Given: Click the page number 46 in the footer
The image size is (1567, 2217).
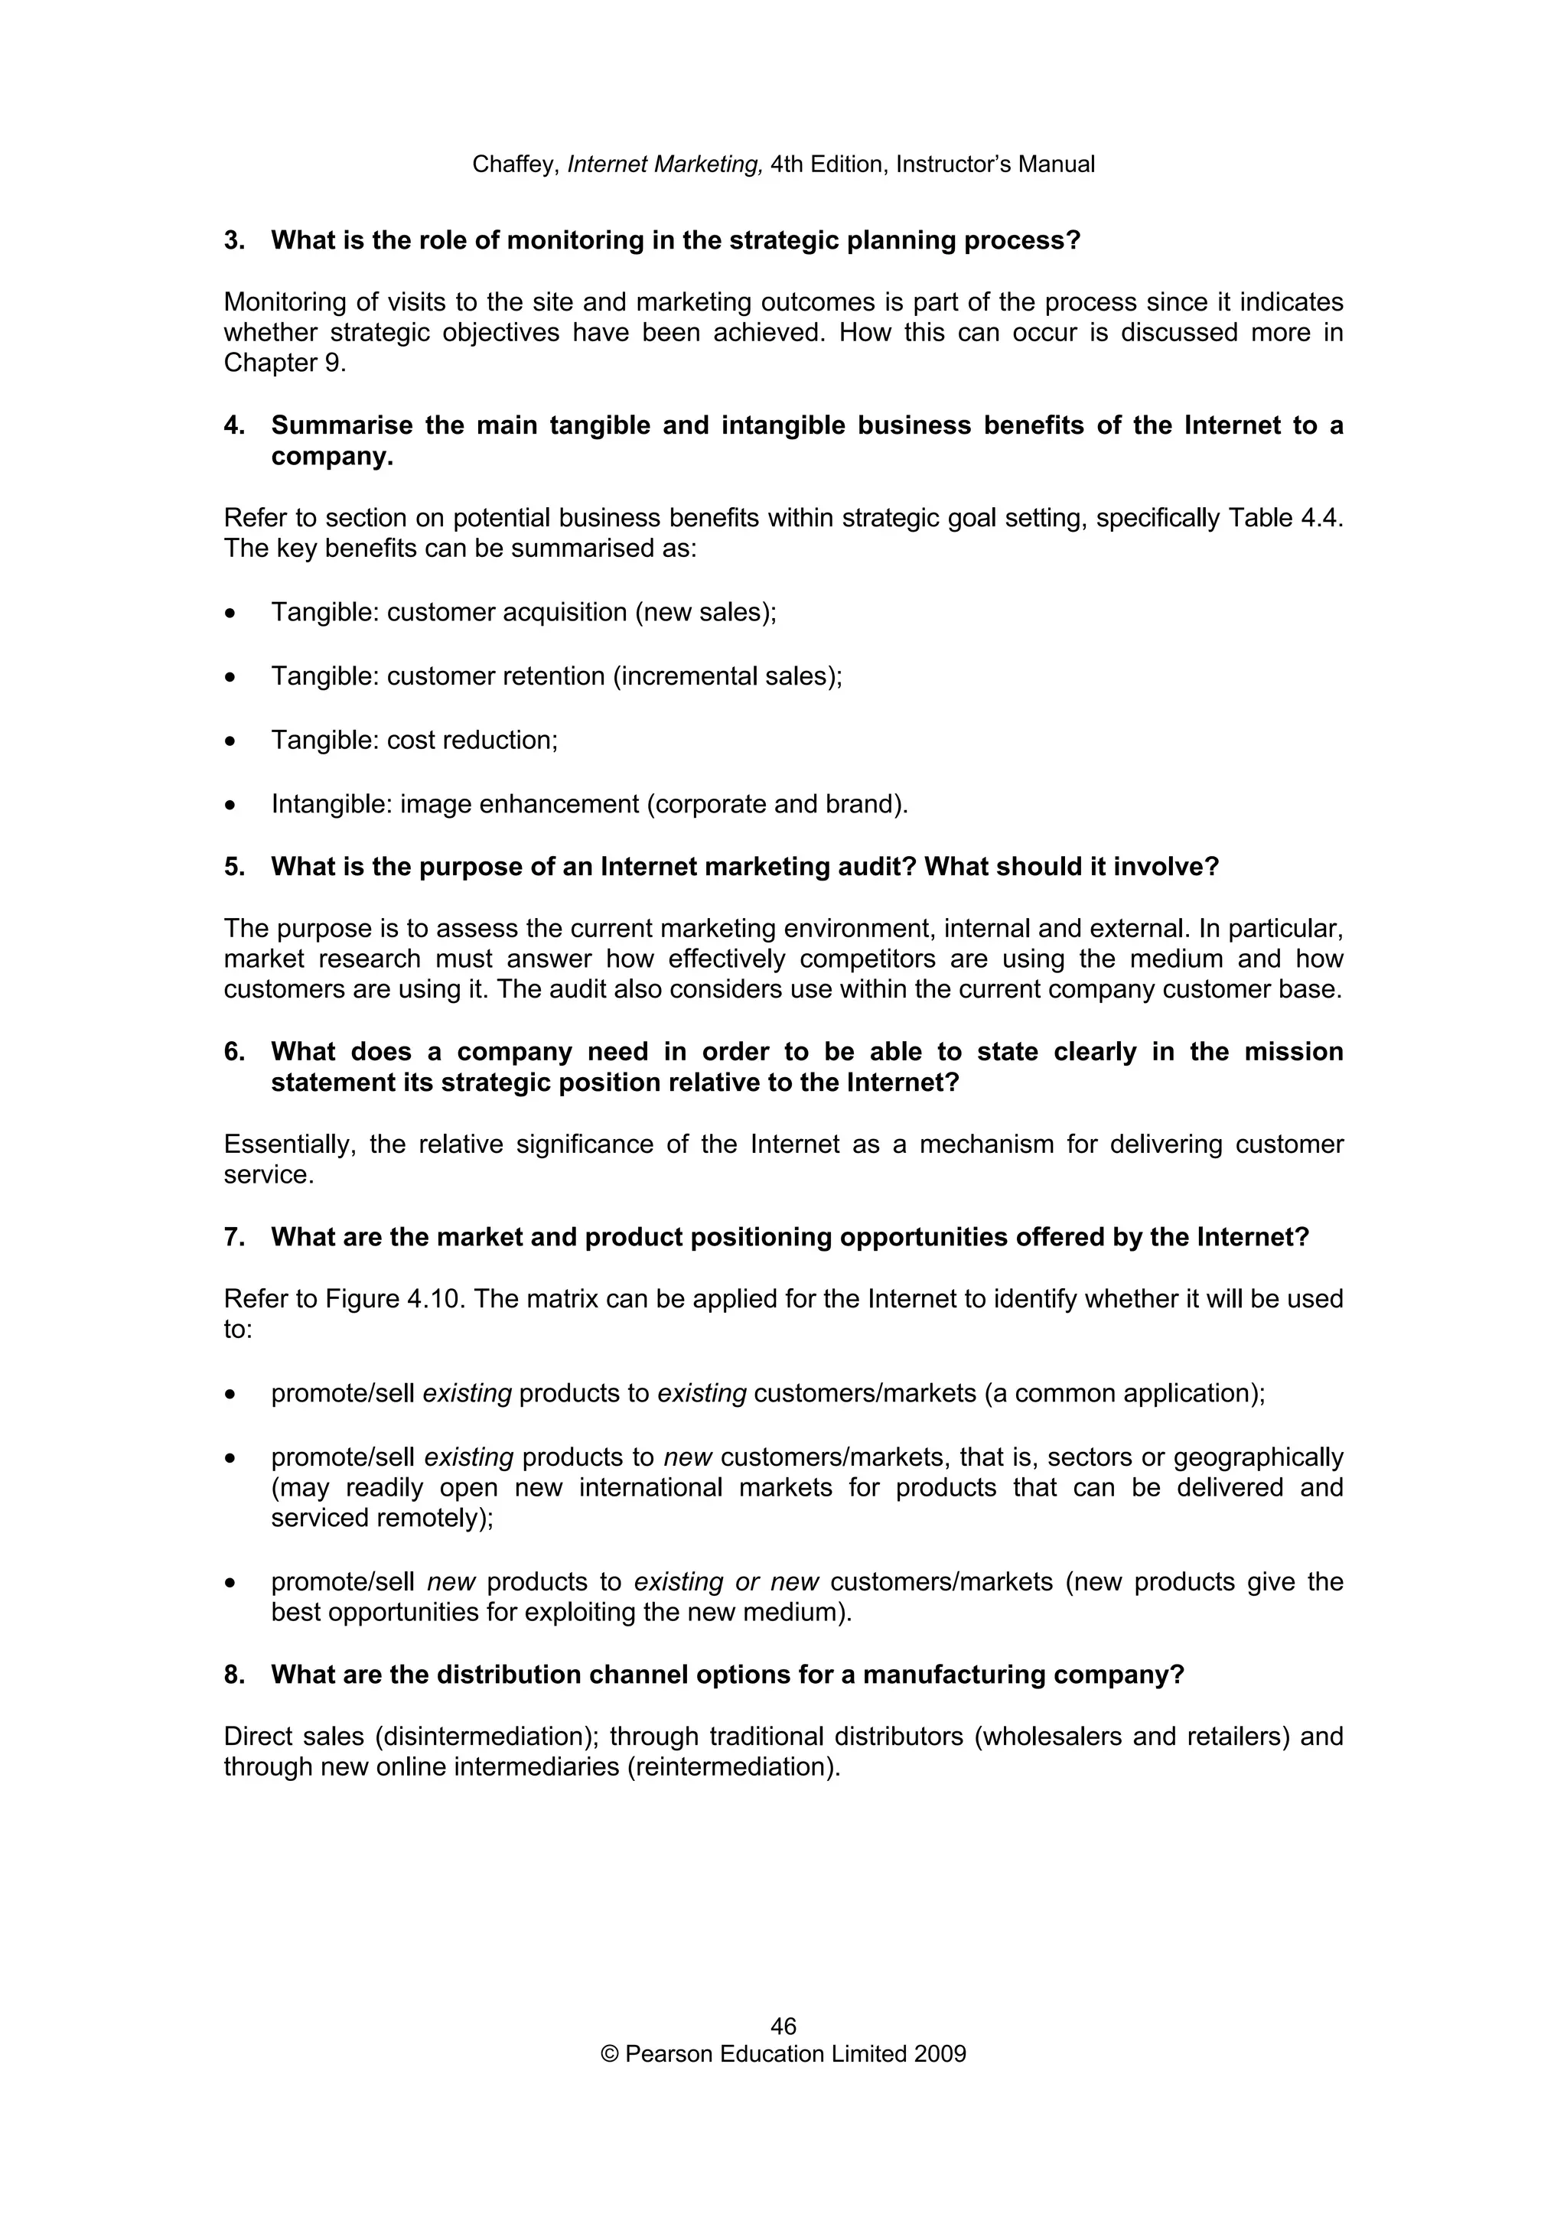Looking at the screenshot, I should tap(783, 2025).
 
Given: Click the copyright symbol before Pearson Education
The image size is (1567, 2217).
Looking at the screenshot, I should tap(609, 2054).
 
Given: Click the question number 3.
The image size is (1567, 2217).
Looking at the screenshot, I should tap(233, 240).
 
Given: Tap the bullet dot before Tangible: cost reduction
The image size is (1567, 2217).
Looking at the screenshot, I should tap(230, 741).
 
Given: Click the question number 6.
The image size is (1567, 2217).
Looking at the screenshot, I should tap(233, 1052).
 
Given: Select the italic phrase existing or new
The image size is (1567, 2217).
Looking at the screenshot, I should tap(726, 1581).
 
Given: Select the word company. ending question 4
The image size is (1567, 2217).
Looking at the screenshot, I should tap(332, 457).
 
